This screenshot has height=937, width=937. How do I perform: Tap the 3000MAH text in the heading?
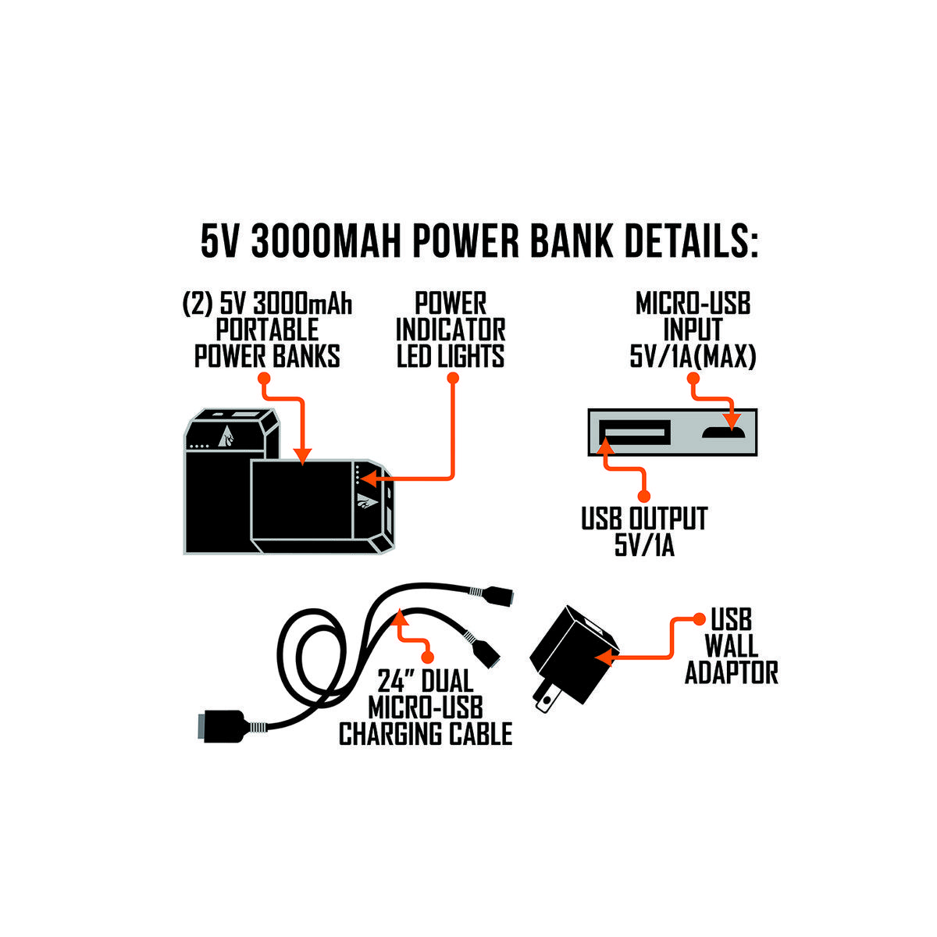coord(326,241)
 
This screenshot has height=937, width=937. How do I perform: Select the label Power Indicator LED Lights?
coord(451,330)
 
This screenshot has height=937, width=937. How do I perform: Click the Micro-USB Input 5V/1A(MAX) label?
coord(693,330)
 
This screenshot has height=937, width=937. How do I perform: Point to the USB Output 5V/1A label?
coord(644,532)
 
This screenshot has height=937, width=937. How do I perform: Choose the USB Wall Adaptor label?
coord(732,647)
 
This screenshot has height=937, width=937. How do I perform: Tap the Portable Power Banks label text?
coord(267,344)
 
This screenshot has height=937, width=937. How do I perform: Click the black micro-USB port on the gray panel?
coord(723,432)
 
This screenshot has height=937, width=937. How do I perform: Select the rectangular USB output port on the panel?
coord(635,433)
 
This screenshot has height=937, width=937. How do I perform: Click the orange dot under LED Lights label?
coord(453,378)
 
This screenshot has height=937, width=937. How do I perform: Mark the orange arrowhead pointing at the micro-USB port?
coord(732,422)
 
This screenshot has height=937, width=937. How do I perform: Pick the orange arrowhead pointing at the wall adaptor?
coord(604,658)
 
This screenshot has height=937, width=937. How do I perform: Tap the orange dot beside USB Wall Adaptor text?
coord(699,619)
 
